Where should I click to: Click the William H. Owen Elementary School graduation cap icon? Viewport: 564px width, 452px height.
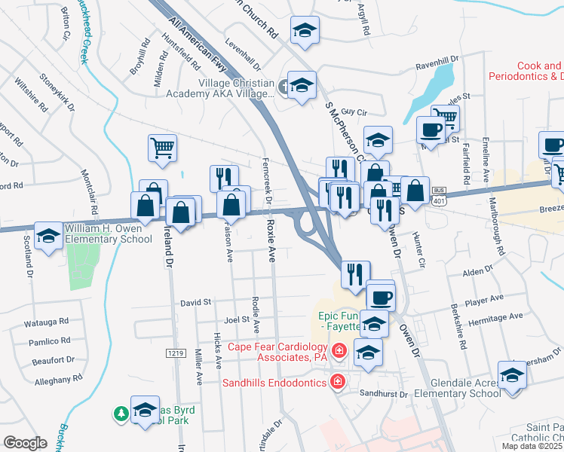pyautogui.click(x=49, y=237)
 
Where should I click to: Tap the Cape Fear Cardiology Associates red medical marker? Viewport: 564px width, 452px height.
pyautogui.click(x=339, y=351)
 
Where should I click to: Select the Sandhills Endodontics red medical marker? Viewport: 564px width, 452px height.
pyautogui.click(x=338, y=383)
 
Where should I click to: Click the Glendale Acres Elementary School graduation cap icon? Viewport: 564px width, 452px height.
pyautogui.click(x=512, y=374)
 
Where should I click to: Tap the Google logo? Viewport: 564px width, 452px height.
pyautogui.click(x=25, y=443)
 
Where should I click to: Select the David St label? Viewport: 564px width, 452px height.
pyautogui.click(x=195, y=303)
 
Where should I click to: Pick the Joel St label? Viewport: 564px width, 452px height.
pyautogui.click(x=236, y=319)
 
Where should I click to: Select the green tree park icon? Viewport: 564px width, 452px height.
pyautogui.click(x=120, y=414)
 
